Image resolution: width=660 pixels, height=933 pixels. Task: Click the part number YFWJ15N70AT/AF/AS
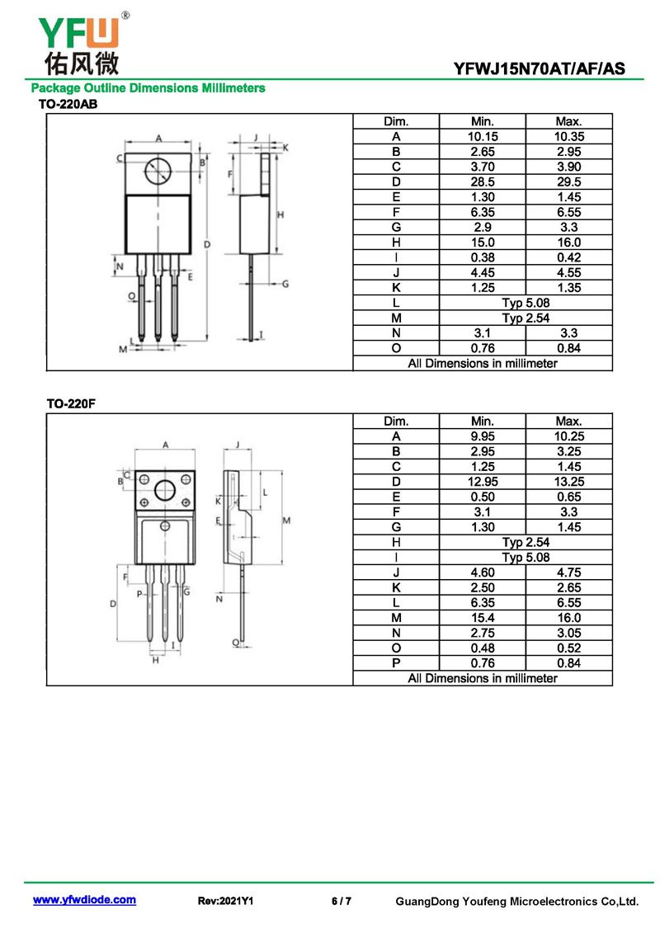click(540, 69)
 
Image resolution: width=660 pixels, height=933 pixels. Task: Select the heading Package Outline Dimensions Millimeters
click(148, 88)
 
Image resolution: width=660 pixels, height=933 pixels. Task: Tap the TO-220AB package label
click(68, 104)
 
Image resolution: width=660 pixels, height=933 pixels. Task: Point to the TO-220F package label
click(71, 404)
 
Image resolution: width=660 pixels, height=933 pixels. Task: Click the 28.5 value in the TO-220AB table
click(483, 182)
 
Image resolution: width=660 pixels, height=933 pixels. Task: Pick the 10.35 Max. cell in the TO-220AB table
click(569, 136)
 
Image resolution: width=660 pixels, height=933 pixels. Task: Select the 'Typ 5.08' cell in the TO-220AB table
click(526, 303)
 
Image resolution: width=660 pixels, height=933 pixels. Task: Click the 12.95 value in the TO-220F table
click(483, 482)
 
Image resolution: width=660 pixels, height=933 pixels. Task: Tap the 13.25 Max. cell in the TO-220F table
click(569, 482)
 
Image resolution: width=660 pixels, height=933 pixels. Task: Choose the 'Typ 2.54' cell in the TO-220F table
click(526, 543)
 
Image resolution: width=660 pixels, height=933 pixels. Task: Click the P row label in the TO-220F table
click(396, 663)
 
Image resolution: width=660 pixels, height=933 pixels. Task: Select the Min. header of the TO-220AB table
click(483, 121)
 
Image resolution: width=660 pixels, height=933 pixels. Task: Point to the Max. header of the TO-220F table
click(569, 422)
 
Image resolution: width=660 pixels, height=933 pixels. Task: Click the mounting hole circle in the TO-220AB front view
click(158, 172)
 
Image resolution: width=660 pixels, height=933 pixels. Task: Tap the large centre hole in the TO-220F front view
click(165, 490)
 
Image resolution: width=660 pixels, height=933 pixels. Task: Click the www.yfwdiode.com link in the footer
click(84, 900)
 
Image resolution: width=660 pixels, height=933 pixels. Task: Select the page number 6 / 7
click(342, 901)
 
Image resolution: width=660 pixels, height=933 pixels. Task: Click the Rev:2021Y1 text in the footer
click(225, 901)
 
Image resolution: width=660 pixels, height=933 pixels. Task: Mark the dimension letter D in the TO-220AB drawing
click(207, 244)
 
